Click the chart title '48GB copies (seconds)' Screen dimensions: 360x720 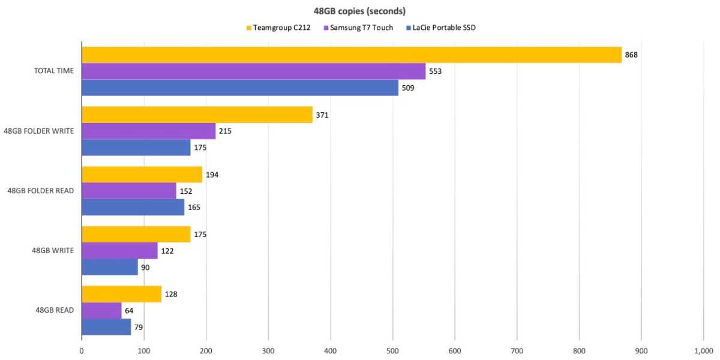coord(359,11)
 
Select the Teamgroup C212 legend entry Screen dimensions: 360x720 coord(277,28)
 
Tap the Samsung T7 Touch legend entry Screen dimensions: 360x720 coord(358,28)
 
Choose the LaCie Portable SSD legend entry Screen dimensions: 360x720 coord(439,28)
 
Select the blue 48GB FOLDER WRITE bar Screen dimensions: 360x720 coord(136,148)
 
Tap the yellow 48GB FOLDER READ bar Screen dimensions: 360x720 coord(142,175)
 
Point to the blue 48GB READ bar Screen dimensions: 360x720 coord(106,327)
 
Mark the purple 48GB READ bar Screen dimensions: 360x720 coord(101,310)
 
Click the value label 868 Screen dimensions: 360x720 coord(631,55)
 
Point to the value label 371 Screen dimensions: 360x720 coord(322,115)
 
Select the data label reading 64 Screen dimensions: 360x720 coord(130,311)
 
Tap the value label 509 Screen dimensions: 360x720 coord(408,88)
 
